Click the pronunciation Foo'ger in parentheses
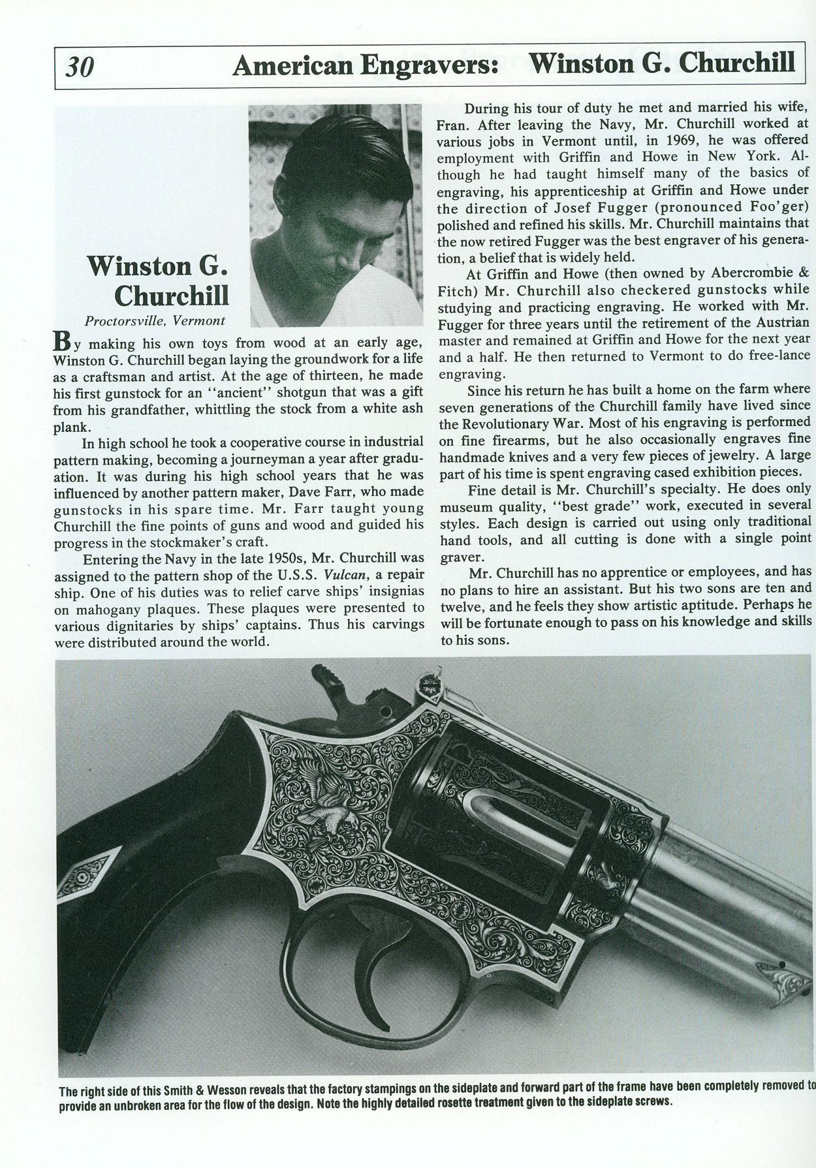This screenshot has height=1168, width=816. pos(775,207)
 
